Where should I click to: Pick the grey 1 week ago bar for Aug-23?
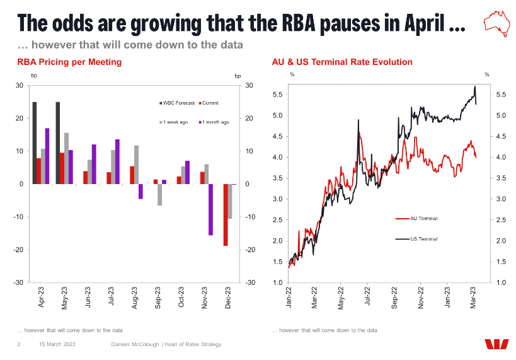(x=136, y=165)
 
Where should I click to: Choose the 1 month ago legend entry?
(x=214, y=122)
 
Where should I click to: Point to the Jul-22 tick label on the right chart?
(x=367, y=298)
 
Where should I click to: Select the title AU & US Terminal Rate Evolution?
(x=342, y=62)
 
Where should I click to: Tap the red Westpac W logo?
(x=496, y=344)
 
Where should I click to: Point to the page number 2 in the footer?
(x=19, y=344)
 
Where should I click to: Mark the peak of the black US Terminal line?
(x=474, y=86)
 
